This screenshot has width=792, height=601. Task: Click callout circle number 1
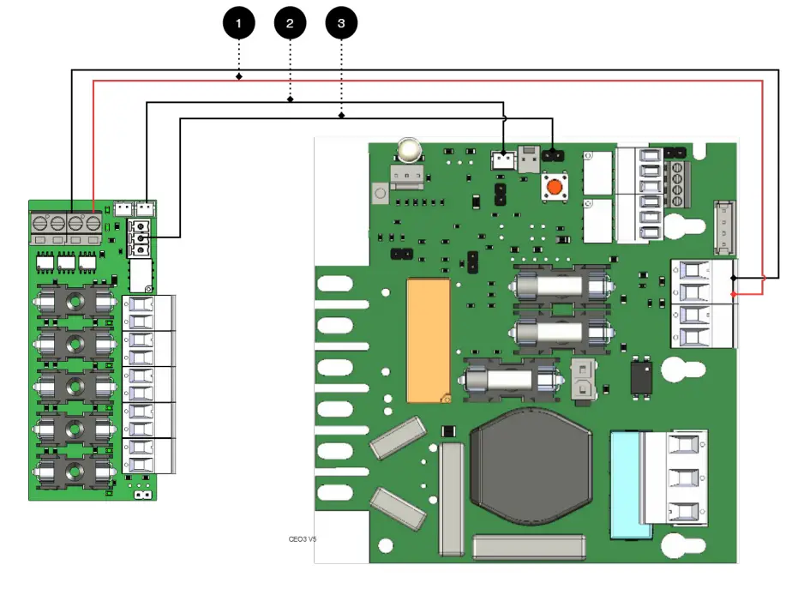tap(238, 24)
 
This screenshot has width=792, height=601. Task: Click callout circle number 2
tap(290, 24)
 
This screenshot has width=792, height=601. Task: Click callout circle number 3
tap(341, 24)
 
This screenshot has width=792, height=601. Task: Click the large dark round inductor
tap(531, 468)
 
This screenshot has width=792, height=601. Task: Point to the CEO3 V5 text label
tap(303, 539)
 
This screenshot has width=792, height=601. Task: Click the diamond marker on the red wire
tap(238, 78)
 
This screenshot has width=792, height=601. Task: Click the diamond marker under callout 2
tap(290, 100)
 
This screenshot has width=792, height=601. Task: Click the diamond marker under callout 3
tap(341, 114)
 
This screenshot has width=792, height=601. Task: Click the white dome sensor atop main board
tap(409, 152)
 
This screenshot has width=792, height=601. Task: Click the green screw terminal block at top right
tap(676, 177)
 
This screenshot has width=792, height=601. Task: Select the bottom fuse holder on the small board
tap(75, 469)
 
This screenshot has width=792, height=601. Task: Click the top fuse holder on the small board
tap(75, 301)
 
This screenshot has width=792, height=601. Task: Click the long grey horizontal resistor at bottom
tap(528, 547)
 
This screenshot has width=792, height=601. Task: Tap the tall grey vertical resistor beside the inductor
tap(451, 497)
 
